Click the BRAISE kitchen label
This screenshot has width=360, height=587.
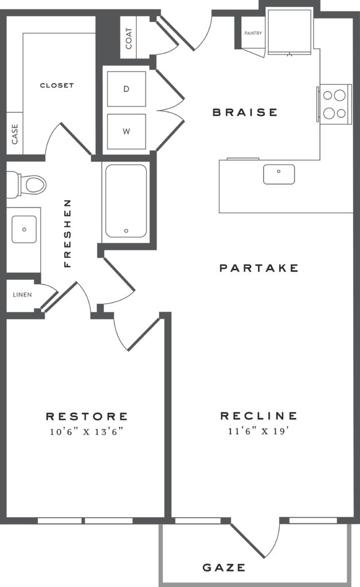(x=245, y=112)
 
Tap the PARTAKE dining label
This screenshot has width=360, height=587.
(x=259, y=268)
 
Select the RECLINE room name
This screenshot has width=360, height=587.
(x=259, y=416)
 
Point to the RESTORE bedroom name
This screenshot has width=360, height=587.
(x=87, y=416)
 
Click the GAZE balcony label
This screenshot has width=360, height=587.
(x=224, y=568)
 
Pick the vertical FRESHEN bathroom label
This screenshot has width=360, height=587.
(x=68, y=233)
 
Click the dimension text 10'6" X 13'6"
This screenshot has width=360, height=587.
(x=87, y=431)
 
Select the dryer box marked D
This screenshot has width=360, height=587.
(x=126, y=89)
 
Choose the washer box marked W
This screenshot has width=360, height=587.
(x=126, y=131)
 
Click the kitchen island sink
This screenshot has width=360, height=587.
(x=279, y=174)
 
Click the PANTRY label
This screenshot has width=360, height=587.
(x=253, y=33)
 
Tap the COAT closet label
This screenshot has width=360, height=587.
(x=128, y=38)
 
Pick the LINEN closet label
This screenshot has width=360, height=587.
(x=22, y=295)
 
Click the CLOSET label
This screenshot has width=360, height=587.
(x=57, y=85)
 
